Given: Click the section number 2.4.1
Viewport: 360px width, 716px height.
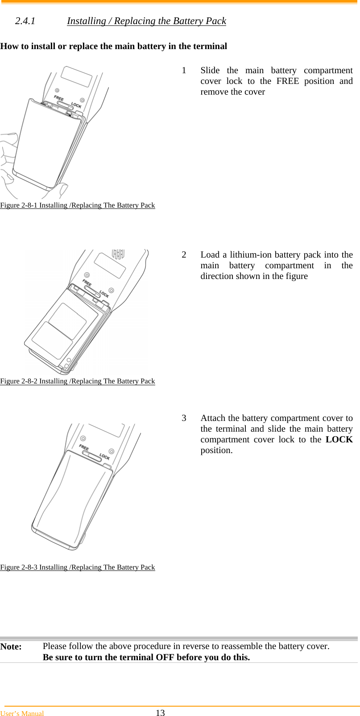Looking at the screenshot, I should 25,21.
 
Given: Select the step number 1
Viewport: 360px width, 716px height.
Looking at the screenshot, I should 184,71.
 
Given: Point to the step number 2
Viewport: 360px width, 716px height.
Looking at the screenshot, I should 184,255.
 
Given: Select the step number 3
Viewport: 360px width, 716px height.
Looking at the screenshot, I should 184,418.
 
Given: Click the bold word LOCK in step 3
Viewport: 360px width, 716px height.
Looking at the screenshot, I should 339,440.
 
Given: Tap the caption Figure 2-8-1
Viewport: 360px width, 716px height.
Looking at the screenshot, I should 78,205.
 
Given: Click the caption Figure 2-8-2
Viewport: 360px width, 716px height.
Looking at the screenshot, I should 78,381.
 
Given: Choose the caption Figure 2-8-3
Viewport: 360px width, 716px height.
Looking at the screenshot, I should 78,567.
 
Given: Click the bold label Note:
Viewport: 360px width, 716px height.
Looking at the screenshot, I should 11,647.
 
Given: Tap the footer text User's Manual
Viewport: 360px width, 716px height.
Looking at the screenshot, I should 22,713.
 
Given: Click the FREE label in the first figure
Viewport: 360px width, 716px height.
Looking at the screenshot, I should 59,98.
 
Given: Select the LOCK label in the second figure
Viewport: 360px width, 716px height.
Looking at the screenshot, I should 104,294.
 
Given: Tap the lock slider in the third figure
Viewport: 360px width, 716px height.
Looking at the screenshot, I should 91,456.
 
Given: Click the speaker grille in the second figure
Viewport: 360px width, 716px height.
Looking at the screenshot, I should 118,254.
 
